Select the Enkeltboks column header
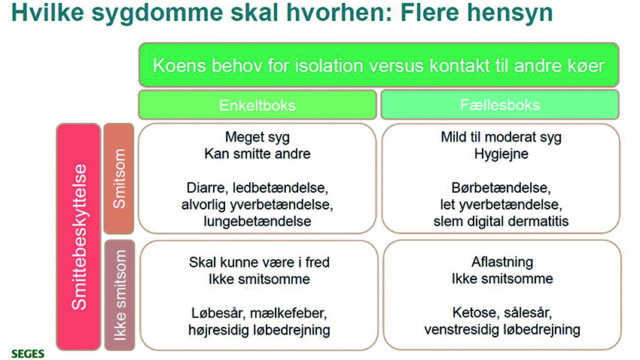tap(257, 105)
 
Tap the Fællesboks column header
tap(499, 105)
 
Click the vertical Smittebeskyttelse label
tap(78, 236)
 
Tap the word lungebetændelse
tap(257, 221)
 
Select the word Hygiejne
tap(501, 154)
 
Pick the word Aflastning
tap(501, 263)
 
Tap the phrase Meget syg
tap(257, 138)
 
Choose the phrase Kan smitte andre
tap(257, 154)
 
